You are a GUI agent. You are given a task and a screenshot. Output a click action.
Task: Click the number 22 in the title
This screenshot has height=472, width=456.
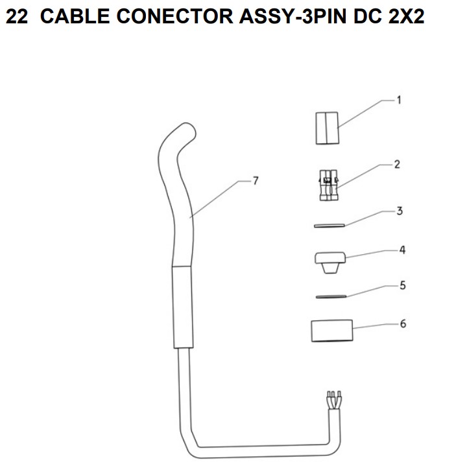point(17,16)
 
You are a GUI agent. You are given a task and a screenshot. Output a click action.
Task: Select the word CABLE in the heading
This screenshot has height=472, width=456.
point(75,16)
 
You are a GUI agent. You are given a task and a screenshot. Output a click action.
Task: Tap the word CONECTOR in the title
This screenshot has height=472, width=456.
point(174,16)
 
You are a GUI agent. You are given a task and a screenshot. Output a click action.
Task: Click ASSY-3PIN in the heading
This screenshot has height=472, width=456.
point(293,16)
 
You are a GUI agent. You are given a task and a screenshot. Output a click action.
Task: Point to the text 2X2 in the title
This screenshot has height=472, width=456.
point(406,16)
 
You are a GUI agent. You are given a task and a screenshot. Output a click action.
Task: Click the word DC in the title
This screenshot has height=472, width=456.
point(367,16)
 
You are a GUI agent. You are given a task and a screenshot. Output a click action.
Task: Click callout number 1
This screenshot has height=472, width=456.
point(399,100)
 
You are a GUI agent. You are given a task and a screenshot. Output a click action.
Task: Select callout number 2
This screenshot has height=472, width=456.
point(397,165)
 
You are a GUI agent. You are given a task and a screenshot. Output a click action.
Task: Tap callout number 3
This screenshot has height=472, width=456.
point(400,211)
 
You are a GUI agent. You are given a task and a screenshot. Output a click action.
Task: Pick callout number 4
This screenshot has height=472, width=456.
point(402,250)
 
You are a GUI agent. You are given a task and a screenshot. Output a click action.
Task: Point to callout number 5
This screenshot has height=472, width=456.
point(403,285)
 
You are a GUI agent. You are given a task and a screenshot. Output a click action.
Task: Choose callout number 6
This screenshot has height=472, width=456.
point(403,324)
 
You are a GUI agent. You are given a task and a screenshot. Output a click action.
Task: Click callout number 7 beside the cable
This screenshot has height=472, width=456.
point(256,181)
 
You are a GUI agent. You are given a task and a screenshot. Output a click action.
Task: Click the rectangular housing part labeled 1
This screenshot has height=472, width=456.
point(327,128)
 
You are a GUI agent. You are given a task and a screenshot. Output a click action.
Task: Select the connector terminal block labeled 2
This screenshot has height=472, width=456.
point(329,185)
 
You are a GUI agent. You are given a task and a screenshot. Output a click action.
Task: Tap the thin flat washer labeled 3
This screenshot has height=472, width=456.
point(329,226)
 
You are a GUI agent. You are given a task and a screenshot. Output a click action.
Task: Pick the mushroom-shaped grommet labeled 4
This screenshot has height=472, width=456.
point(330,263)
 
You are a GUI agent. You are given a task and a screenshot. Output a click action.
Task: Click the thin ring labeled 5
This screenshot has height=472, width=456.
point(331,297)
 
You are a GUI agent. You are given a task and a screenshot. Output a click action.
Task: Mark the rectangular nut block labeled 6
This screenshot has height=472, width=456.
point(332,331)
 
